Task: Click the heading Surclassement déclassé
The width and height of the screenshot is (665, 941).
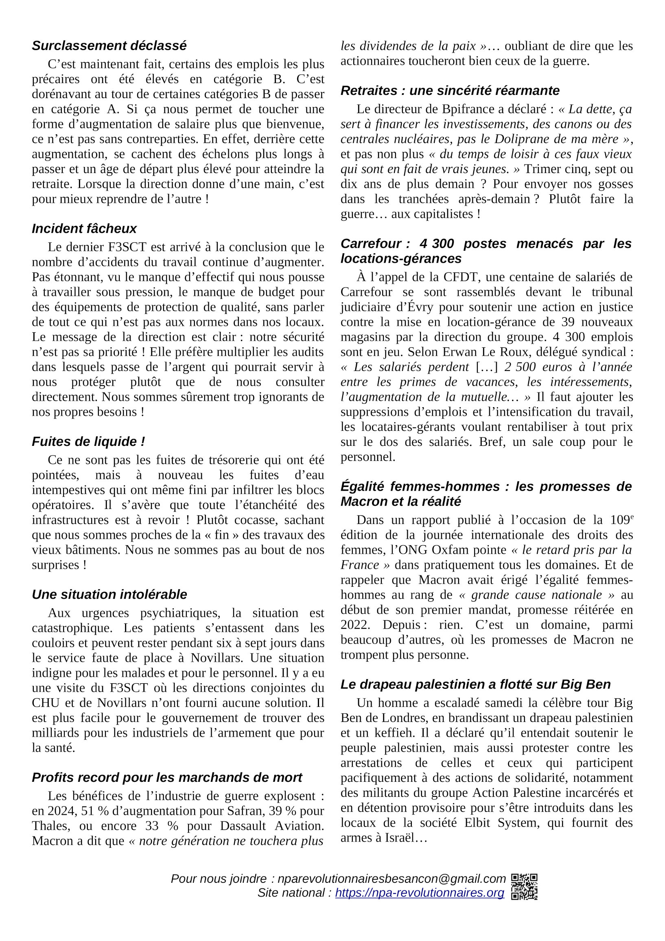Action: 109,46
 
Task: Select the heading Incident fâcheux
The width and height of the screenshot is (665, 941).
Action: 84,228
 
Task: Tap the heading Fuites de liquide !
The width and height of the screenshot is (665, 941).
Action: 88,441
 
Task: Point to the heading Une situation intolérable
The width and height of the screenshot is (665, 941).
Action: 109,594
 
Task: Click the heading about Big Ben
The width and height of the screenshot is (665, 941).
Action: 475,684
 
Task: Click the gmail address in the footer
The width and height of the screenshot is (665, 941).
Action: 391,879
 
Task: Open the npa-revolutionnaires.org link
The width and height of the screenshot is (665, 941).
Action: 419,893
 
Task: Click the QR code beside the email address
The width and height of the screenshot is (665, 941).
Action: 524,886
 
